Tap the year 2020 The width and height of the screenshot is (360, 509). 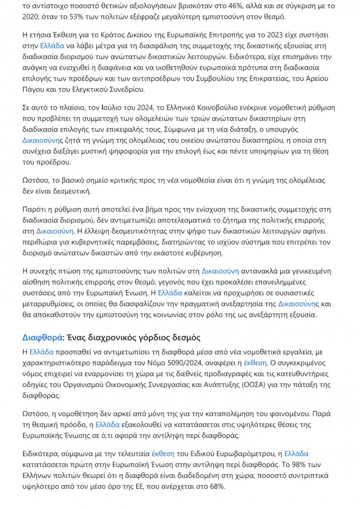coord(32,17)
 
